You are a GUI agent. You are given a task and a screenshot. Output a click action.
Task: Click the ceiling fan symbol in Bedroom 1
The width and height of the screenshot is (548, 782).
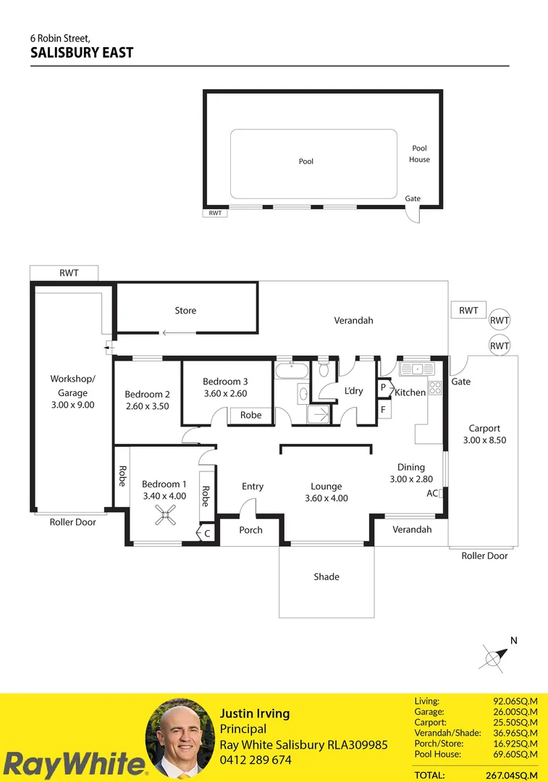[166, 516]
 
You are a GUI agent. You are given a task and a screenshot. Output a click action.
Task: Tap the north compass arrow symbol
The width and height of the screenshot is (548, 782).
[495, 657]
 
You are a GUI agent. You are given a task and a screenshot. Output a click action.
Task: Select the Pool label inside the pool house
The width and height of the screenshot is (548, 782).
[306, 161]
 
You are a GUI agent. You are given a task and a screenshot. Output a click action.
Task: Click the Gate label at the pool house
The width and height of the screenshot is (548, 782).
[413, 198]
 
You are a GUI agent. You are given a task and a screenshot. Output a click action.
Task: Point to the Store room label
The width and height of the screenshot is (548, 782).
[185, 311]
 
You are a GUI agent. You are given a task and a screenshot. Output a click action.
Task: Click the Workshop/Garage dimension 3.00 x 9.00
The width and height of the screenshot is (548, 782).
[72, 405]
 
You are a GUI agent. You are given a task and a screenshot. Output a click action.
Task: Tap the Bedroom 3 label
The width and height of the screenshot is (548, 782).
[225, 382]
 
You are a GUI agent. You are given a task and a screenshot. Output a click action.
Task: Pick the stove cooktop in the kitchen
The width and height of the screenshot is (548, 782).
[435, 387]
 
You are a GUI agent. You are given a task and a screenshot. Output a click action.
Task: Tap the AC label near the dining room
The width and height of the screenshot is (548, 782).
[432, 493]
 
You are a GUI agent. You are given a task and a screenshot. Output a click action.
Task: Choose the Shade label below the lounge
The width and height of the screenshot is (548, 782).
[326, 577]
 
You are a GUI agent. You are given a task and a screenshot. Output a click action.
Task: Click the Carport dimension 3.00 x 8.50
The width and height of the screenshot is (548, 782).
[484, 440]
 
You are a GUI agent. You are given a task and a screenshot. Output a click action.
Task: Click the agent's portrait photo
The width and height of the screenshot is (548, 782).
[180, 739]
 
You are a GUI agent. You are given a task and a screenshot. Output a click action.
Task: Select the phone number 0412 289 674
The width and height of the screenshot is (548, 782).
[256, 760]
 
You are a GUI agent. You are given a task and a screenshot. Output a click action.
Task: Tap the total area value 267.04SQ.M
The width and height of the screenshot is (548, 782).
[513, 775]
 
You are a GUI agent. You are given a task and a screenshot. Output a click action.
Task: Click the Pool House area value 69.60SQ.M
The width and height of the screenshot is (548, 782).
[515, 754]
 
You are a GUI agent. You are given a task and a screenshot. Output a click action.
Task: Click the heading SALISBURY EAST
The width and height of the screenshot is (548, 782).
[82, 53]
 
